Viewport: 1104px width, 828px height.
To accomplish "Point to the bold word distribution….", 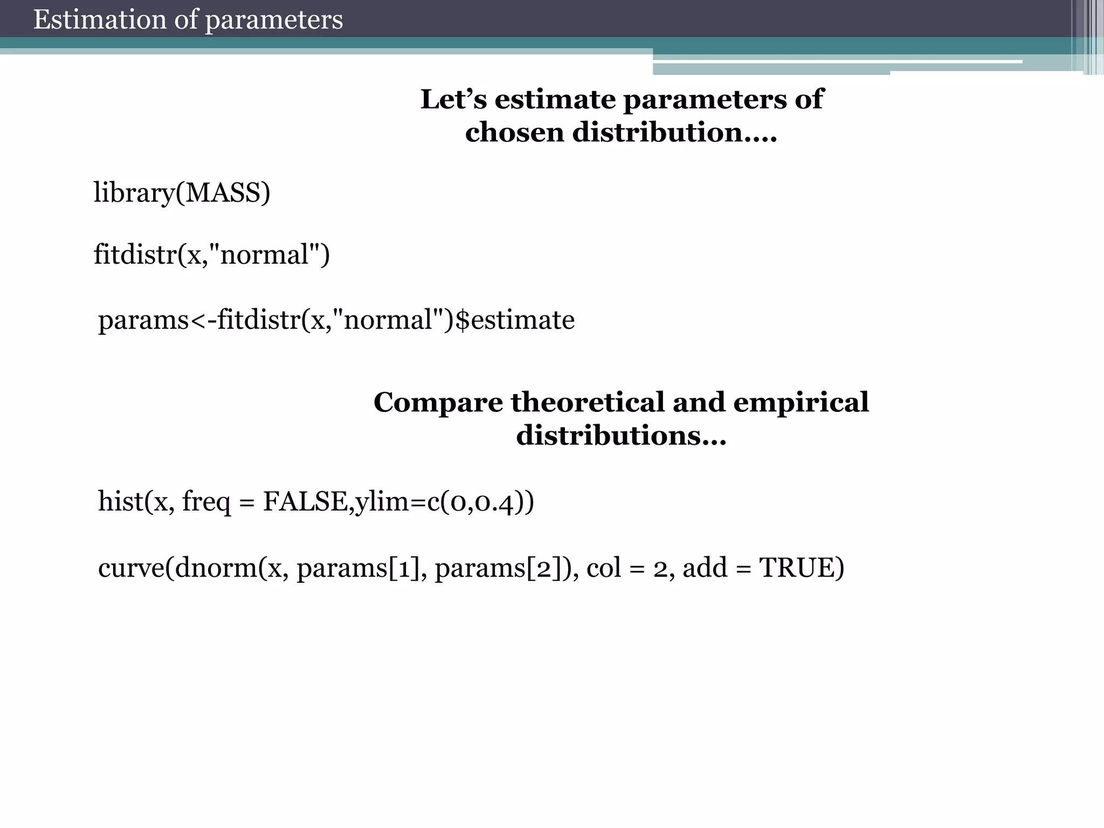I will point(674,132).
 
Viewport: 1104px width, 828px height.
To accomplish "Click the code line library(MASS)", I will point(182,193).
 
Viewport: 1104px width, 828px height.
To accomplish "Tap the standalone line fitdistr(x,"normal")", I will point(211,254).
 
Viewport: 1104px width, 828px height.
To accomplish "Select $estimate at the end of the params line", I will point(515,320).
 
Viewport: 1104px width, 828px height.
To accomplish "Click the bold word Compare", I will point(438,403).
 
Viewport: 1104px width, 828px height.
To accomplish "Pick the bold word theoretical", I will point(588,402).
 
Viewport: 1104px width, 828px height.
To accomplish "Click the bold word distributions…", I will point(621,435).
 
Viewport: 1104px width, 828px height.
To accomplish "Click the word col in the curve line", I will point(604,568).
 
